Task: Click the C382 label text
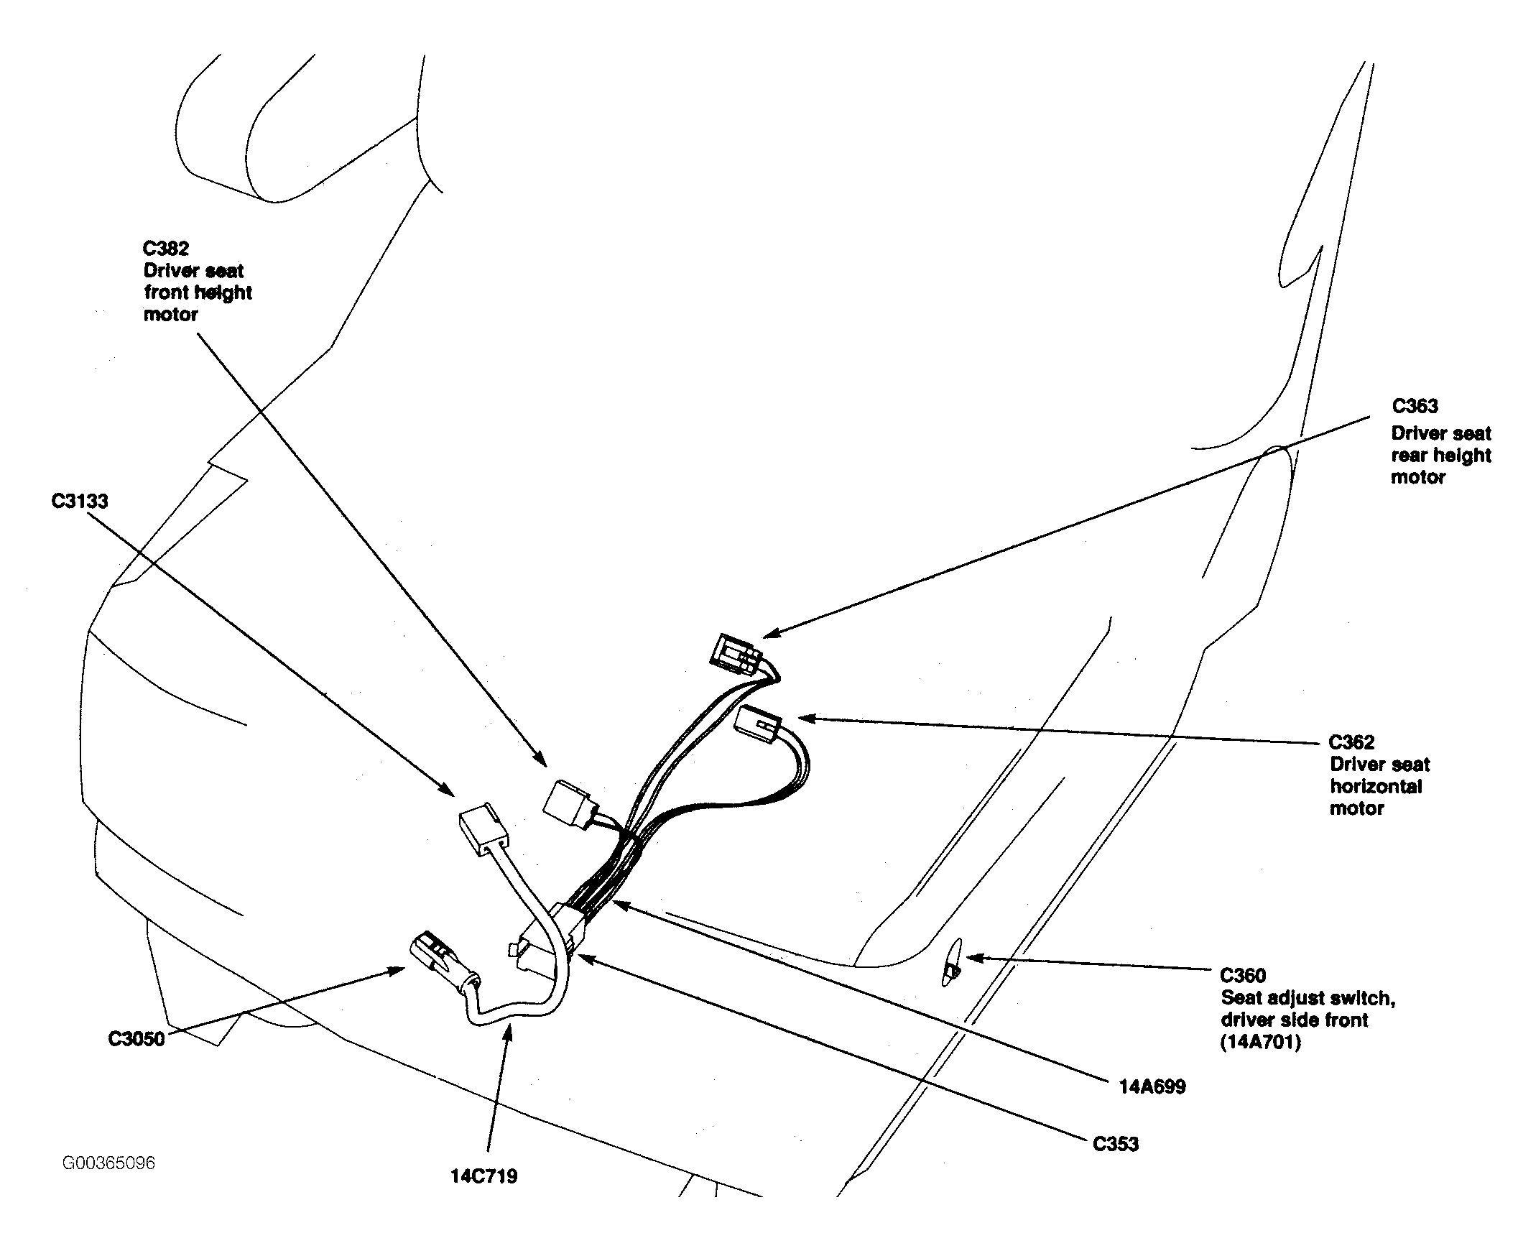click(x=166, y=249)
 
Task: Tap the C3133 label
click(x=80, y=501)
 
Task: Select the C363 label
click(x=1415, y=407)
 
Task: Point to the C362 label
click(x=1351, y=742)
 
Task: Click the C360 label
click(x=1243, y=976)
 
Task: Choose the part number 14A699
click(x=1152, y=1086)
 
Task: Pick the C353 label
click(x=1115, y=1145)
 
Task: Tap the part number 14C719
click(x=484, y=1177)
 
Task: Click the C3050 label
click(x=136, y=1039)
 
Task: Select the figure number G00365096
click(x=108, y=1163)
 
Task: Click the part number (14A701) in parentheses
click(x=1261, y=1042)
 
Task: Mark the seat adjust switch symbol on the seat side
click(x=953, y=962)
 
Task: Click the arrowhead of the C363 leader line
click(x=772, y=632)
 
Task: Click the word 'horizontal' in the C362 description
click(x=1376, y=786)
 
